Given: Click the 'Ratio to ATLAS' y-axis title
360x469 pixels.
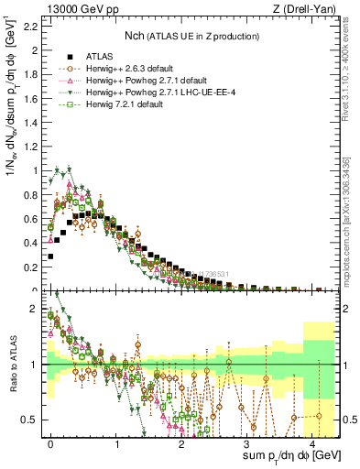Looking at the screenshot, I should coord(12,365).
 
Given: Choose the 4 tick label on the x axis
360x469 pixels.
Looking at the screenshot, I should coord(314,442).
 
